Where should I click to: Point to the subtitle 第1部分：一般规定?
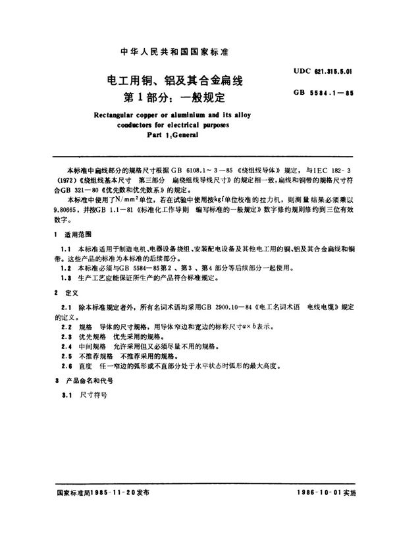pos(169,99)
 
